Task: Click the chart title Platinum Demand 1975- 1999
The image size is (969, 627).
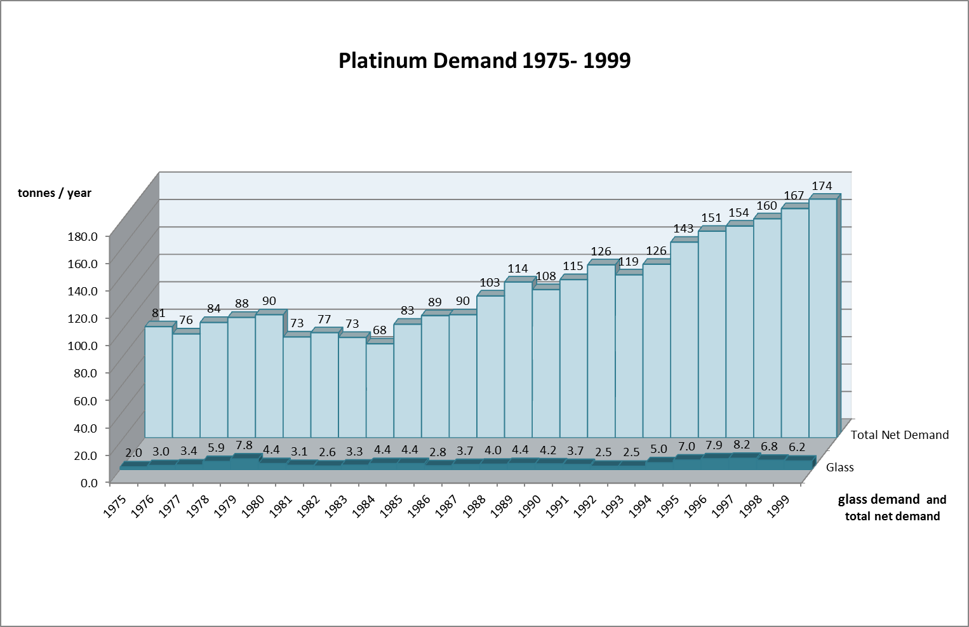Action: click(484, 60)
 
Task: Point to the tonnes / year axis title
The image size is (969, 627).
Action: click(55, 193)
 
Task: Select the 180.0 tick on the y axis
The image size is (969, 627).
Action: click(83, 236)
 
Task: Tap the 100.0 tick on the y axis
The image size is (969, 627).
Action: click(83, 346)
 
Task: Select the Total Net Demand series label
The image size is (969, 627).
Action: click(899, 435)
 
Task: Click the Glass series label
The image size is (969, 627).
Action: click(839, 468)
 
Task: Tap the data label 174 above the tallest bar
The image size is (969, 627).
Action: click(822, 186)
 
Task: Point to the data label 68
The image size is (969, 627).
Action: click(380, 330)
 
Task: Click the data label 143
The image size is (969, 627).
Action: click(683, 229)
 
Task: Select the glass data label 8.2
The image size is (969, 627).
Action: click(742, 445)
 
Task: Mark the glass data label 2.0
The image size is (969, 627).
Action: click(133, 453)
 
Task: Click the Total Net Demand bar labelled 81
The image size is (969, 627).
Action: click(159, 381)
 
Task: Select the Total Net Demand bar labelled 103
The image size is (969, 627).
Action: click(490, 367)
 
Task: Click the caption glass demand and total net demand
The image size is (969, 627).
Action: click(892, 508)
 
